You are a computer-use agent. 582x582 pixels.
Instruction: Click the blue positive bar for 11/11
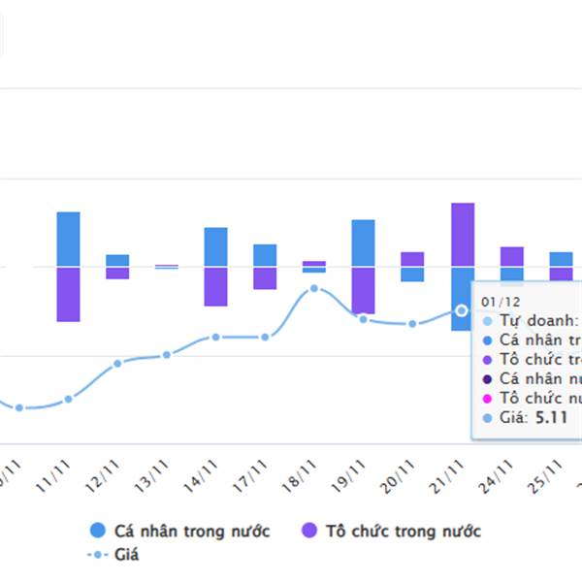point(68,239)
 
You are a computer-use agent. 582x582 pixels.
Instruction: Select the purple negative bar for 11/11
point(68,294)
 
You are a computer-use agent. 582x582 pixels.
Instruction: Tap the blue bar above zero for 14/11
point(215,246)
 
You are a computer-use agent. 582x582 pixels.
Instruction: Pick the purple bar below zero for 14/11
point(215,286)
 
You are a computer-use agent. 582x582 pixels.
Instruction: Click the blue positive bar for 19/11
point(363,242)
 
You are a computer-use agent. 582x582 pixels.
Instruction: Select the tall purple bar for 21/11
point(463,234)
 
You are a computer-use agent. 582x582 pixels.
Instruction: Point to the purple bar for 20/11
point(412,258)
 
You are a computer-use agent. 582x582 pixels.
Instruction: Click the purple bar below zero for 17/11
point(265,277)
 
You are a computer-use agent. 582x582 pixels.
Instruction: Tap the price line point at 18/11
point(314,289)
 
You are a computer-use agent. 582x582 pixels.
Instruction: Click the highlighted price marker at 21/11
point(462,310)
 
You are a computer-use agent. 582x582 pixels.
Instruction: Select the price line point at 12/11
point(117,363)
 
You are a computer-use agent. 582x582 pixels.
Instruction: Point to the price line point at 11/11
point(68,399)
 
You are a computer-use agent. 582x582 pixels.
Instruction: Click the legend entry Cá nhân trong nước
point(179,531)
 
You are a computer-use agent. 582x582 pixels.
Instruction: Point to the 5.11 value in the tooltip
point(551,418)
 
